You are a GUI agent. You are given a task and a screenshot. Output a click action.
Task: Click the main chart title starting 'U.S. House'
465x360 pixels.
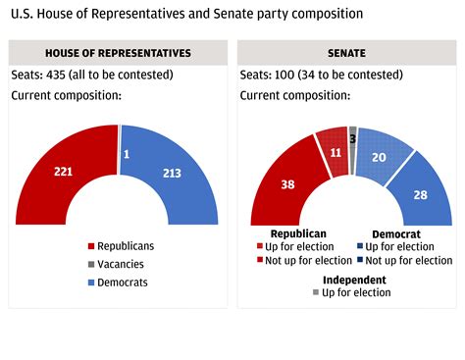click(x=185, y=15)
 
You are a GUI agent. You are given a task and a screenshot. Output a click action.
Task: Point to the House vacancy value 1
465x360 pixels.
click(x=127, y=154)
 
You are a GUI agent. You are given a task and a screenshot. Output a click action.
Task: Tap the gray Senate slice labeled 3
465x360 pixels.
click(x=352, y=138)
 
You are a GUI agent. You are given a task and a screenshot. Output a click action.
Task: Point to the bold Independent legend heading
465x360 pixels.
click(x=355, y=280)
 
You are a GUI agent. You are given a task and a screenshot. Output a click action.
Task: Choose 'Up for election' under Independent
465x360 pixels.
click(x=355, y=292)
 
